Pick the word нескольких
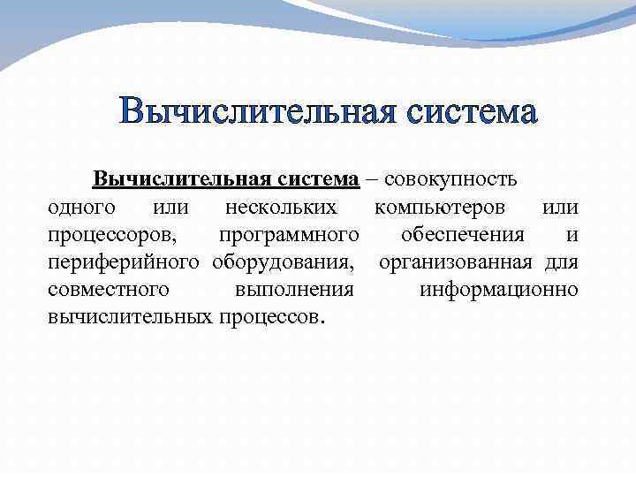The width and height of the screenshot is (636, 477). click(281, 208)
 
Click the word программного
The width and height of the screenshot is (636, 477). click(289, 235)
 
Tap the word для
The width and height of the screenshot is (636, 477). click(562, 262)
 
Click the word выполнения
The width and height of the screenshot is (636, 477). click(294, 290)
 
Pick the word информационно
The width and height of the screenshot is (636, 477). click(499, 290)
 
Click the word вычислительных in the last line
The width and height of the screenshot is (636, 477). click(128, 317)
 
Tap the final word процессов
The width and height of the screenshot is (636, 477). click(272, 317)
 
